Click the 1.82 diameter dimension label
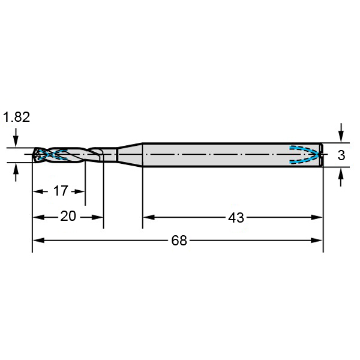point(16,117)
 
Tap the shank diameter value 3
point(341,155)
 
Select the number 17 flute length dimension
point(61,191)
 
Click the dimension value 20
point(68,216)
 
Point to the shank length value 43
point(236,218)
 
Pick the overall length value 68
point(179,241)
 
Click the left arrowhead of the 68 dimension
point(38,241)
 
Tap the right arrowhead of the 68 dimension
point(317,241)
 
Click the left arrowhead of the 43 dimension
point(149,217)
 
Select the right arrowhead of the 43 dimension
point(317,217)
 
